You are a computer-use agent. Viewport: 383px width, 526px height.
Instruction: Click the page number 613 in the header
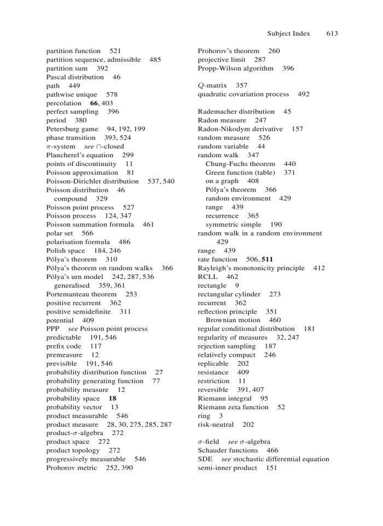point(332,33)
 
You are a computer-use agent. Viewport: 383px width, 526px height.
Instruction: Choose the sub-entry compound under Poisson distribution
point(71,198)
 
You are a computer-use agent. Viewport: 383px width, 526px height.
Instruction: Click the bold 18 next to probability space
point(113,398)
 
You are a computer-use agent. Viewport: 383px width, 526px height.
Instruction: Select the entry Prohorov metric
point(72,468)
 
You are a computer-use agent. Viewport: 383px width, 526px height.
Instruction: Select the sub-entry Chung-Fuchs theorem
point(240,164)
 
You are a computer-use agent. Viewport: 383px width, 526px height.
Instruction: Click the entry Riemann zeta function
point(233,407)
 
